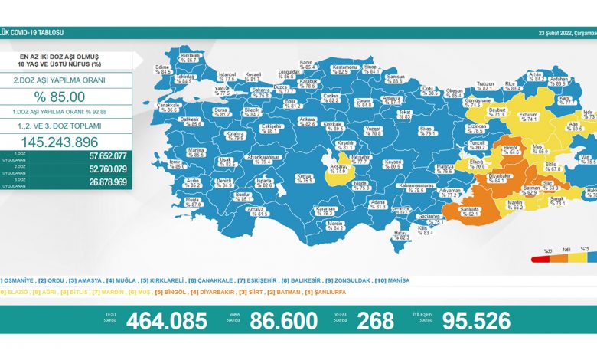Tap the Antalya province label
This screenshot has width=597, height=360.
coord(258,211)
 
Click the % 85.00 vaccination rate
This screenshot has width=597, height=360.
coord(59,97)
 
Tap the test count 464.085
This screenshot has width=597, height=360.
coord(167,322)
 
